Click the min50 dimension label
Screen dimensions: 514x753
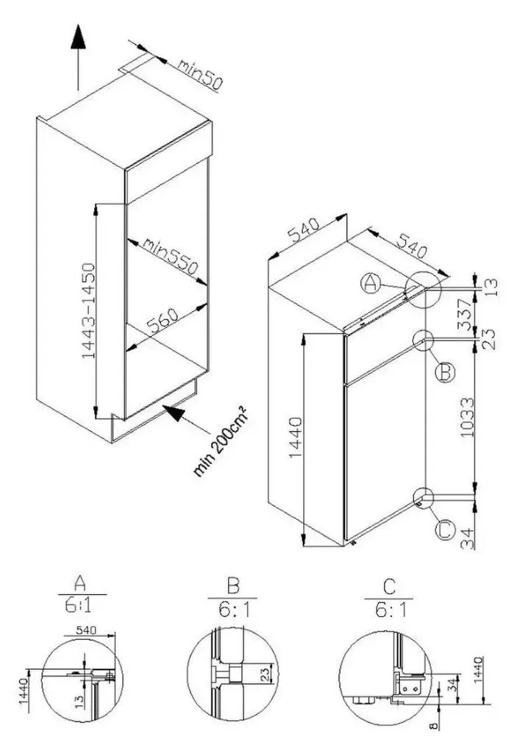tap(200, 74)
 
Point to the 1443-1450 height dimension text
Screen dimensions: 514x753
tap(89, 311)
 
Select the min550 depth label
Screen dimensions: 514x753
tap(170, 256)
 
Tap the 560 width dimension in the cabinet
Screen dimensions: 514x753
tap(162, 321)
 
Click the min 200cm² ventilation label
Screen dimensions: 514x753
tap(221, 441)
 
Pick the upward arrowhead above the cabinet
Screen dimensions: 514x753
tap(78, 37)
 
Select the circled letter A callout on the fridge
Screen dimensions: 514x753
tap(370, 283)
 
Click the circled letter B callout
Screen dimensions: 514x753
tap(445, 372)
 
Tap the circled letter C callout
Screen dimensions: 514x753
tap(445, 530)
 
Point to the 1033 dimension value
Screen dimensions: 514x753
tap(467, 417)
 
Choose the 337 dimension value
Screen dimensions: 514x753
tap(465, 314)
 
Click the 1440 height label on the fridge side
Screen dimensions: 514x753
tap(296, 437)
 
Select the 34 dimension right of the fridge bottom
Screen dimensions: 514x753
tap(467, 538)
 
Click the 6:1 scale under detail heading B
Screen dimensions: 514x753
tap(235, 610)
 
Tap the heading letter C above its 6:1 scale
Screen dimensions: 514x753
tap(389, 587)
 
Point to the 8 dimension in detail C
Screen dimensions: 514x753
tap(434, 726)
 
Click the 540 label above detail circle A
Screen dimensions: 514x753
tap(87, 630)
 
